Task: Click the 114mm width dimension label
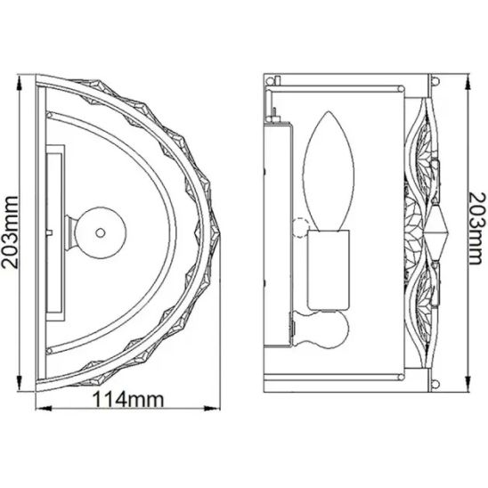click(128, 399)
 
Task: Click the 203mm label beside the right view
click(477, 229)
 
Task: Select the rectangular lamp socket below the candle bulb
click(329, 270)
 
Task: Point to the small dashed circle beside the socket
click(300, 228)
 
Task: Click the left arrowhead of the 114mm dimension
click(44, 409)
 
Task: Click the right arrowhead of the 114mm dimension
click(212, 409)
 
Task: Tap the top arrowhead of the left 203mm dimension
click(20, 83)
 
